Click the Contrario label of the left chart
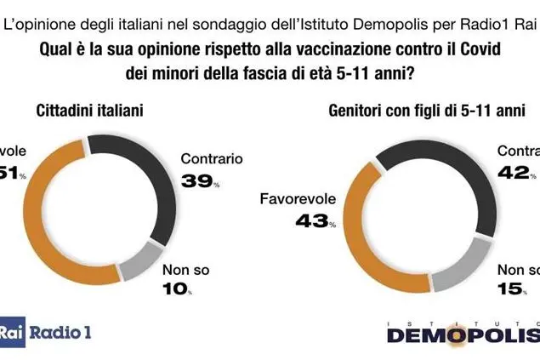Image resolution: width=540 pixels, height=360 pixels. click(213, 158)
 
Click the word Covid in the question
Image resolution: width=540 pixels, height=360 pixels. click(472, 49)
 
